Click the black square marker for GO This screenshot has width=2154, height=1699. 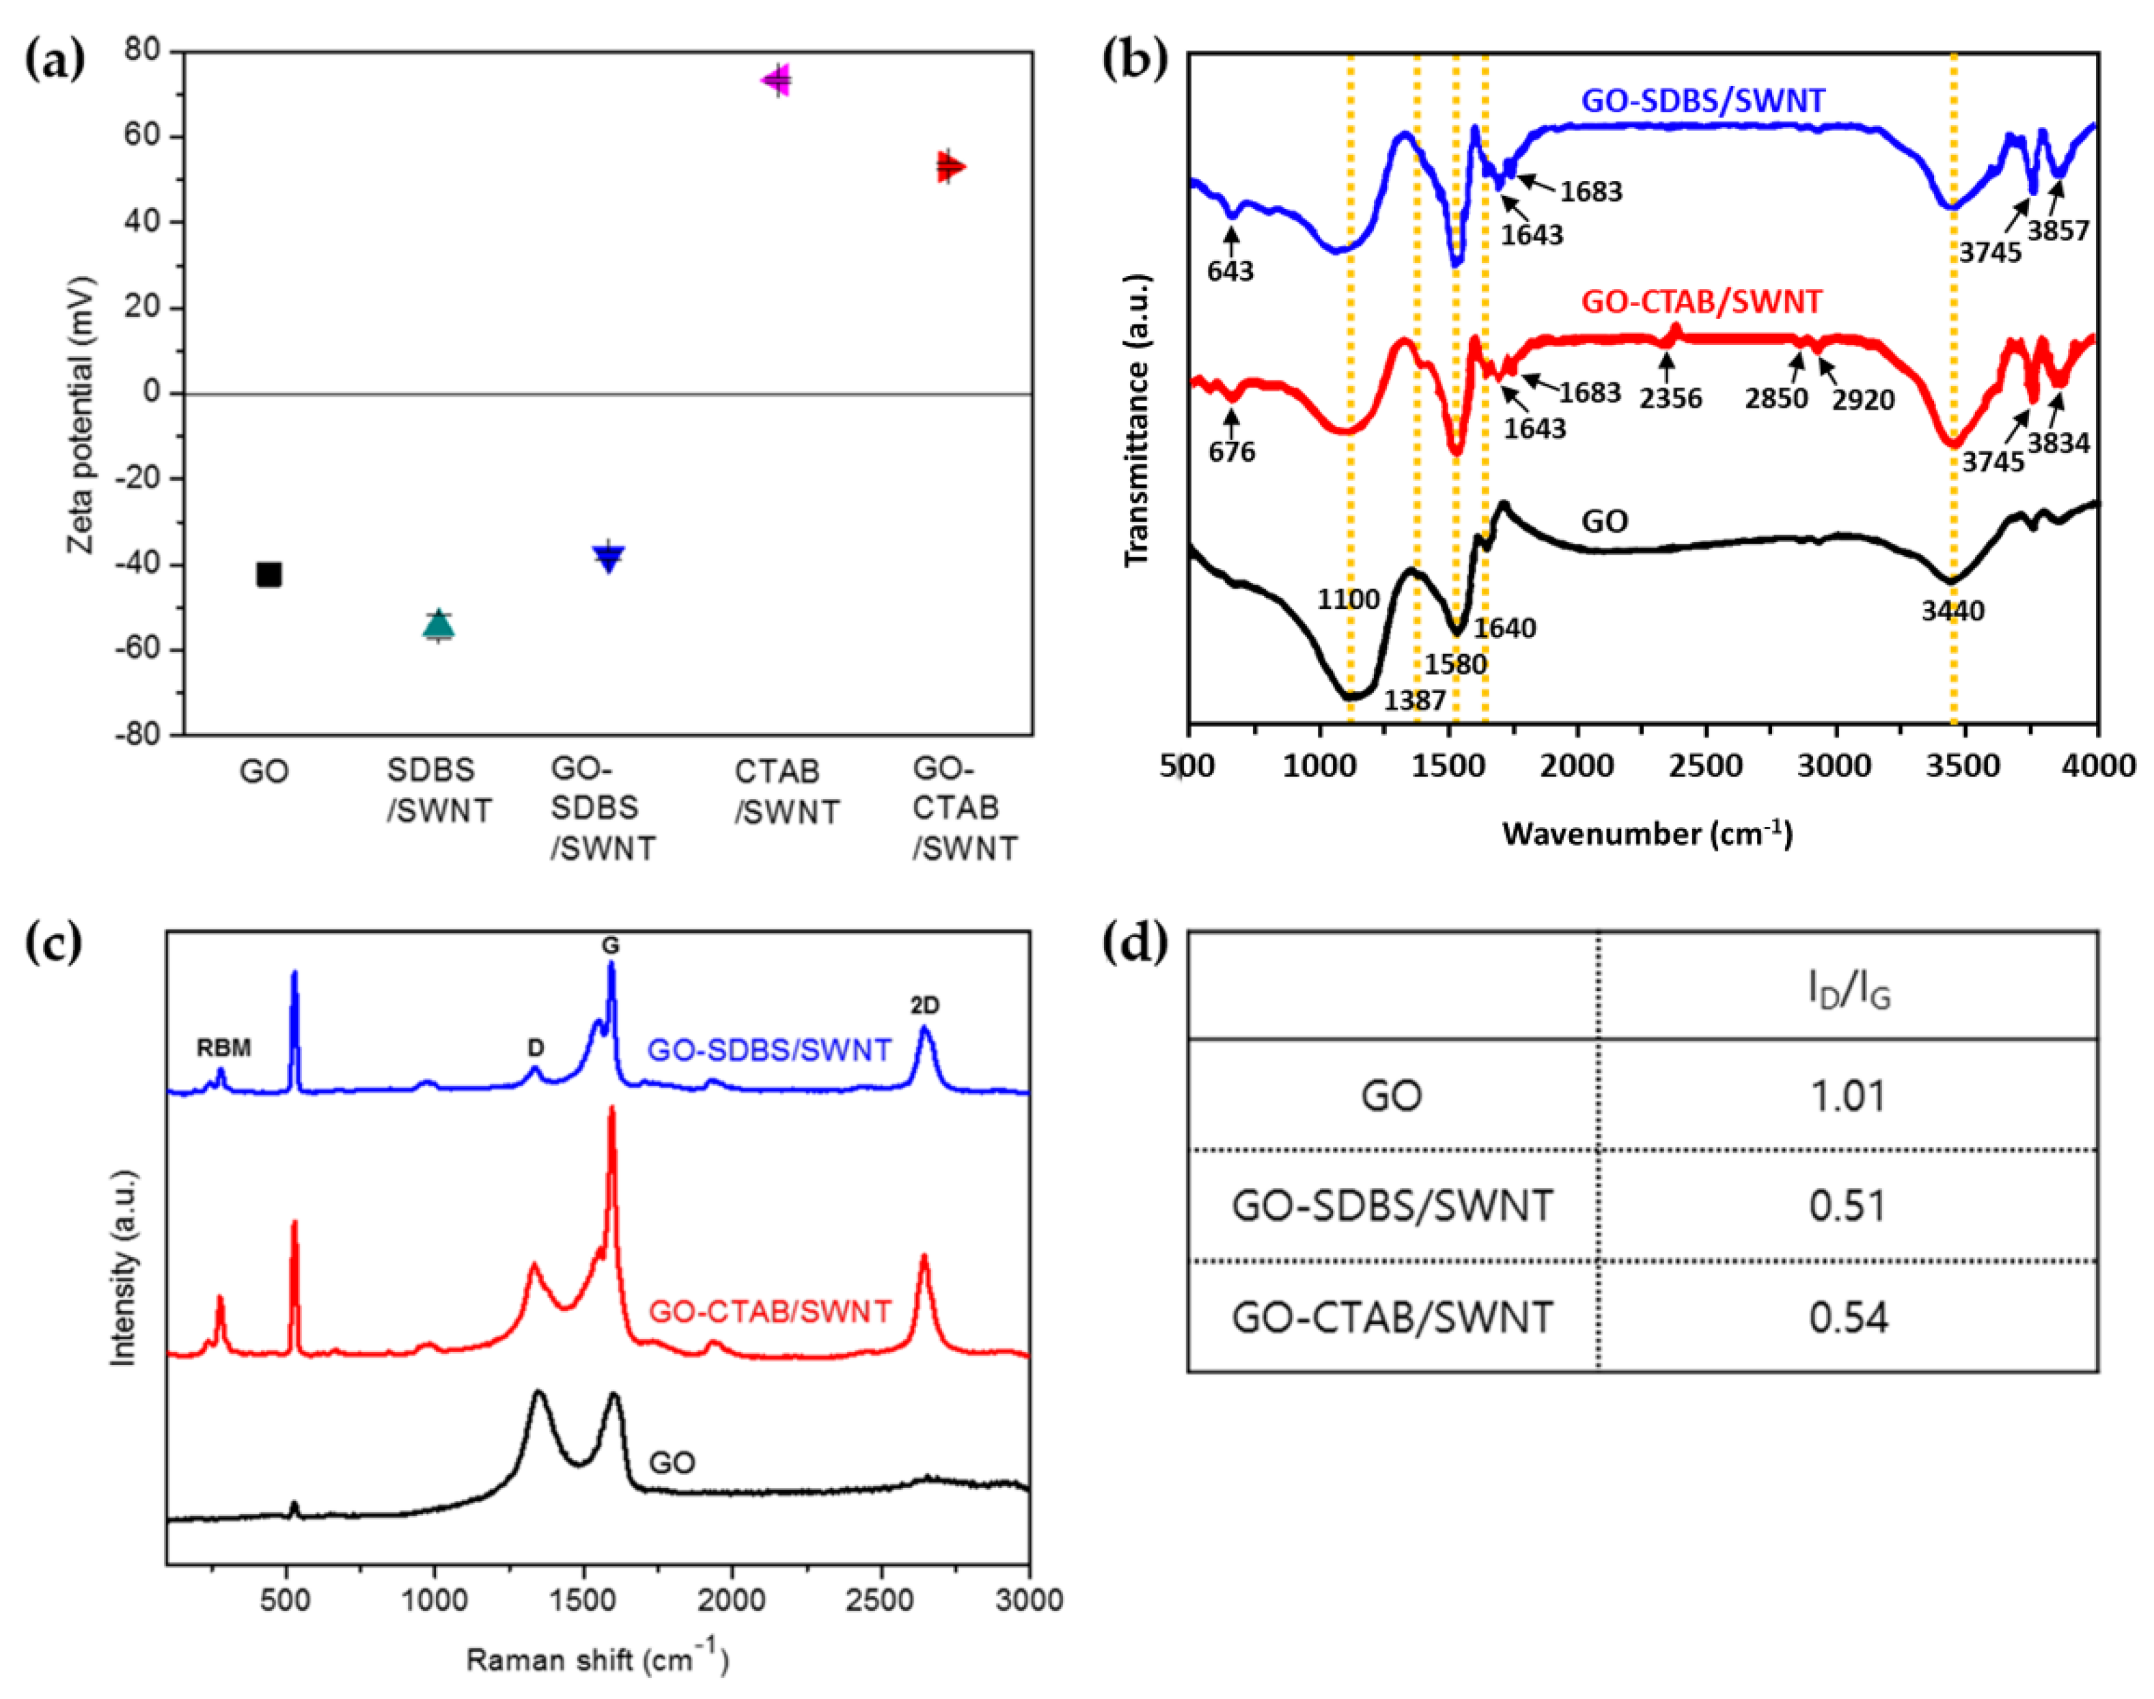coord(268,574)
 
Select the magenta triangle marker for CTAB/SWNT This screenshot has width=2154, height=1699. coord(777,81)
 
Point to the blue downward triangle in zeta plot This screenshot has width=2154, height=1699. coord(609,557)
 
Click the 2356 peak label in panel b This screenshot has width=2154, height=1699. coord(1670,399)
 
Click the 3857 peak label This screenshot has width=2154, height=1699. coord(2058,231)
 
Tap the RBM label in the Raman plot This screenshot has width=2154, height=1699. coord(224,1048)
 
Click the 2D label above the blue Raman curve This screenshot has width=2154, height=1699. coord(924,1006)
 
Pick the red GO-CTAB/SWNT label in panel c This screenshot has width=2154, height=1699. coord(769,1311)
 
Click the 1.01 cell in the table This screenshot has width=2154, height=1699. coord(1847,1096)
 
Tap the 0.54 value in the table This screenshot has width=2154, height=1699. coord(1847,1318)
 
